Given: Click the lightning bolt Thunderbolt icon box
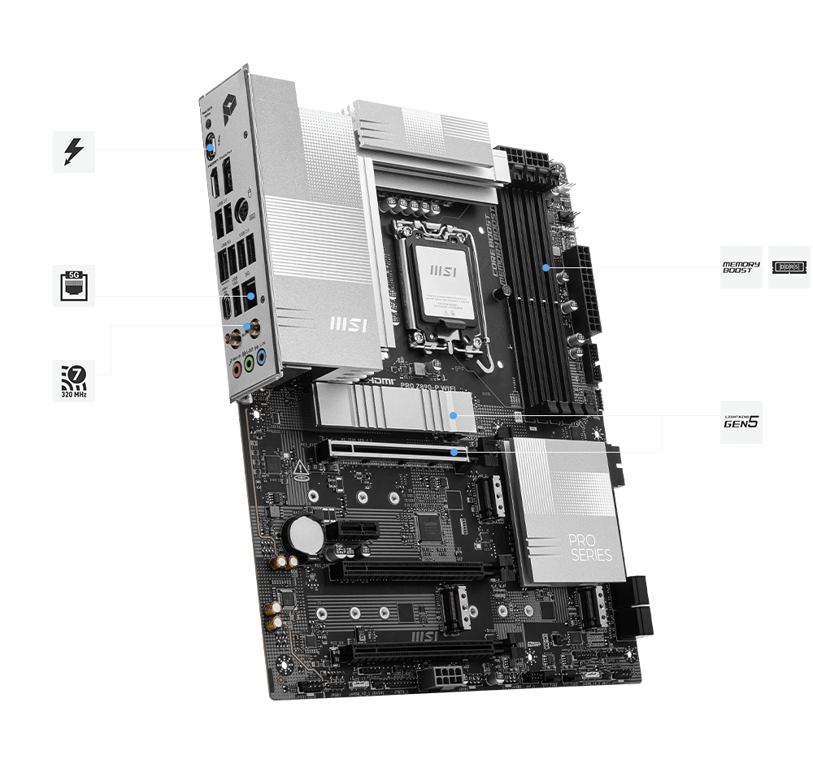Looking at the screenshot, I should click(74, 151).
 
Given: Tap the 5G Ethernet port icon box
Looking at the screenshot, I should click(74, 286).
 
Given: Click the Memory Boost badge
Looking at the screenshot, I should click(741, 267).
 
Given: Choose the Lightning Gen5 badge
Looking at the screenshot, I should click(741, 422).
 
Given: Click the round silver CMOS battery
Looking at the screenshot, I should click(308, 533).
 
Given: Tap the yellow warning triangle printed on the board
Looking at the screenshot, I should click(300, 468).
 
